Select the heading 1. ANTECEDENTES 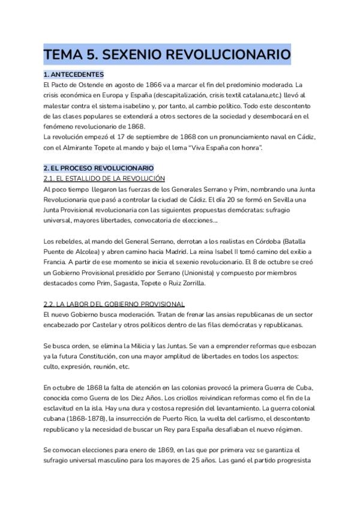tap(74, 74)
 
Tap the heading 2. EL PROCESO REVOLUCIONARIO tap(98, 167)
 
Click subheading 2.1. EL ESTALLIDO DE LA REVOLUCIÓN tap(104, 178)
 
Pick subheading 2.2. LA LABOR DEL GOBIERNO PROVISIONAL tap(114, 304)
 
